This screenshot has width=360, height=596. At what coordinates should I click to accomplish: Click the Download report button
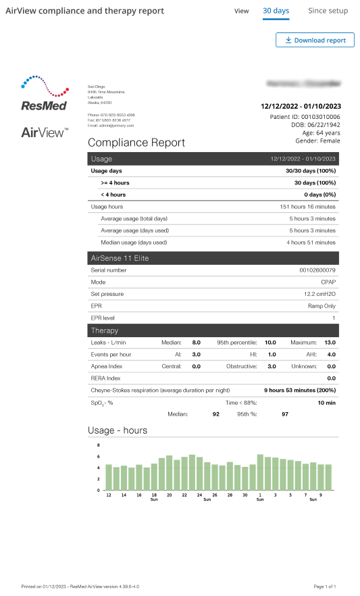[x=315, y=40]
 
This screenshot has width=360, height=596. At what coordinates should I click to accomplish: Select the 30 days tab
[x=276, y=11]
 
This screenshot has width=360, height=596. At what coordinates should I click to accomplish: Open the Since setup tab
[x=328, y=11]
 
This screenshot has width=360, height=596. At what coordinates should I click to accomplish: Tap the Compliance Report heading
[x=136, y=143]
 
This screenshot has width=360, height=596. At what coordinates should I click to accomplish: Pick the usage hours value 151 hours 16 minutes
[x=308, y=207]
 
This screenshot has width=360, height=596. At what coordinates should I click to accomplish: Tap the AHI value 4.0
[x=331, y=354]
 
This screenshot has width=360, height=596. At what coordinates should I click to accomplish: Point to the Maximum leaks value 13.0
[x=330, y=343]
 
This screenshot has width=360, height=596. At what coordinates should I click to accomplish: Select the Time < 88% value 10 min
[x=326, y=402]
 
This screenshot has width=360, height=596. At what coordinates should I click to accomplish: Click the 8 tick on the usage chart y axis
[x=99, y=445]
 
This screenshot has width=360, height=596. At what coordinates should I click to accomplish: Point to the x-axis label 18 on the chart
[x=154, y=495]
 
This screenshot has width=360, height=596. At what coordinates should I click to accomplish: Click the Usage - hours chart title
[x=118, y=430]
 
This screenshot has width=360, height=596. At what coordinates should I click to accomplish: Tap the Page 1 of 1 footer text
[x=325, y=587]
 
